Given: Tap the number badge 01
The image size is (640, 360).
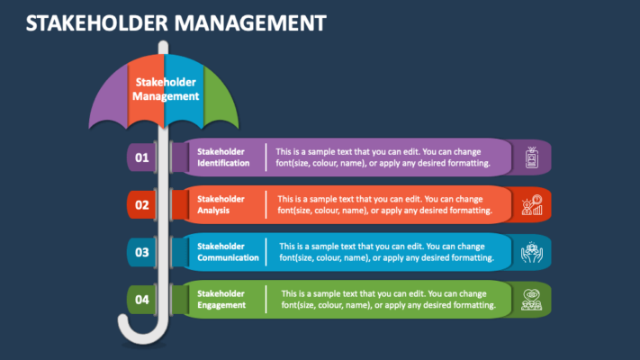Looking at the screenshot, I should (141, 158).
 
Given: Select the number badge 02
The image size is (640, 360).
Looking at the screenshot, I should (141, 205).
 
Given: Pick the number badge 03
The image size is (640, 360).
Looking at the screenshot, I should (141, 253).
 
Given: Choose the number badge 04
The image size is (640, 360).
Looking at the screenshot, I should (141, 300).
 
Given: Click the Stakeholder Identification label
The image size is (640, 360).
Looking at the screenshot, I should (223, 157).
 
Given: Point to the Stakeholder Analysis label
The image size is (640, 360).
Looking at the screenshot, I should (221, 204).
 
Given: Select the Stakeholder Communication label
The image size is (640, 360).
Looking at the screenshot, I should (228, 252).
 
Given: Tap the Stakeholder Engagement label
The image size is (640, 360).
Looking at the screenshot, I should (221, 299).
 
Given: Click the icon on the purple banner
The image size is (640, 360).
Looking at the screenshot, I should (531, 158).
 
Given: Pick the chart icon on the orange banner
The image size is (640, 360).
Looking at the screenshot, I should (531, 205).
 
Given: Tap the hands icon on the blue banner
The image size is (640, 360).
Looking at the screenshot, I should (531, 252).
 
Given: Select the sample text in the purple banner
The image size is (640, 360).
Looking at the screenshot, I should (383, 157).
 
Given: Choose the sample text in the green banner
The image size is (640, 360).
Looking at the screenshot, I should (388, 299).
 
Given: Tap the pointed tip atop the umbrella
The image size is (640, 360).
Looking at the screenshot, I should (164, 47).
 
